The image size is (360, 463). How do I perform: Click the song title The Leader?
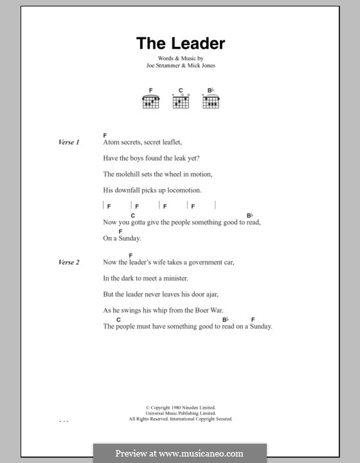click(x=180, y=44)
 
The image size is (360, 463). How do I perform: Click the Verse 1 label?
click(x=68, y=142)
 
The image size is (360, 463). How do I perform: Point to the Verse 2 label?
click(x=68, y=262)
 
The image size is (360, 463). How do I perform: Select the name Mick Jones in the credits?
click(x=204, y=65)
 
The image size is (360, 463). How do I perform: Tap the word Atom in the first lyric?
click(x=111, y=142)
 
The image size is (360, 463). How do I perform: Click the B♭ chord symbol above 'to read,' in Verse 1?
click(x=250, y=215)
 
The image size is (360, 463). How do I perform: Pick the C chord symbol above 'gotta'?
click(x=133, y=215)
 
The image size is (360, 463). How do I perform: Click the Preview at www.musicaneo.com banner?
click(x=179, y=453)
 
